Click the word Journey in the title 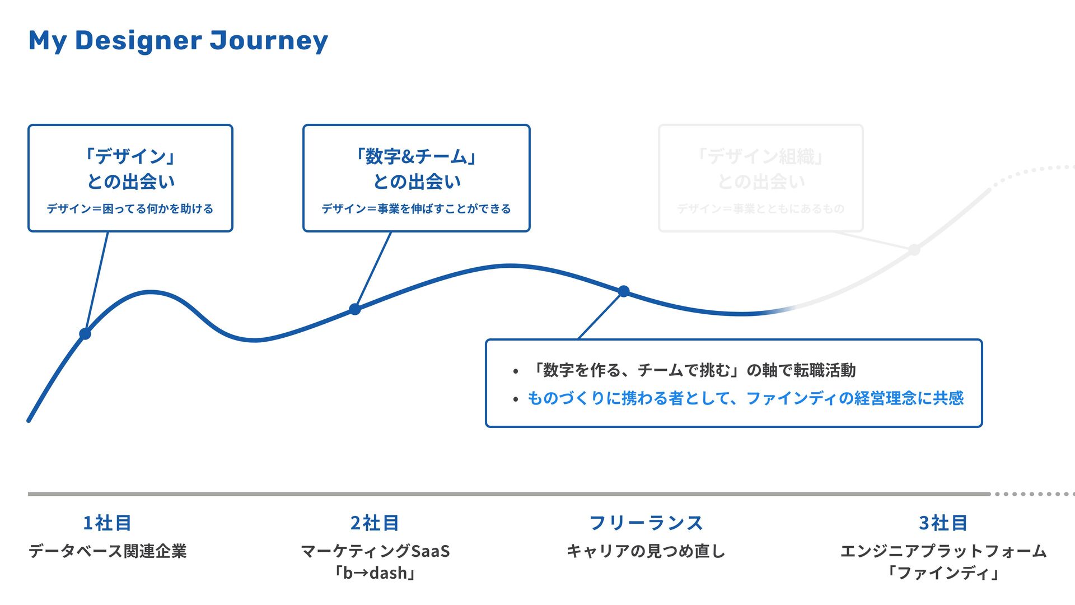click(x=269, y=41)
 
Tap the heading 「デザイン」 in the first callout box click(x=130, y=156)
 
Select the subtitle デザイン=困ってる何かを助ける click(x=130, y=208)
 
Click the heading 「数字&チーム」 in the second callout click(x=416, y=156)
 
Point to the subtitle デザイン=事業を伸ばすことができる click(x=416, y=208)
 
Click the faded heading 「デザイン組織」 click(x=760, y=156)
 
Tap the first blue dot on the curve click(x=85, y=334)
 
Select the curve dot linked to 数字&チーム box click(x=355, y=309)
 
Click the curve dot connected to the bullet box click(x=624, y=291)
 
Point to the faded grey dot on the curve click(x=914, y=250)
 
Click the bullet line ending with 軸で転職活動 click(x=693, y=370)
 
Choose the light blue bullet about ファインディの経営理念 click(x=745, y=398)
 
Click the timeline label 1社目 click(x=107, y=523)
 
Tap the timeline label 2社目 click(x=375, y=523)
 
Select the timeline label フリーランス click(x=646, y=523)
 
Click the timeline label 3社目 click(x=943, y=523)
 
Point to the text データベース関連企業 click(x=107, y=551)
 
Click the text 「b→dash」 click(x=375, y=573)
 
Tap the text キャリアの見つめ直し click(x=646, y=551)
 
